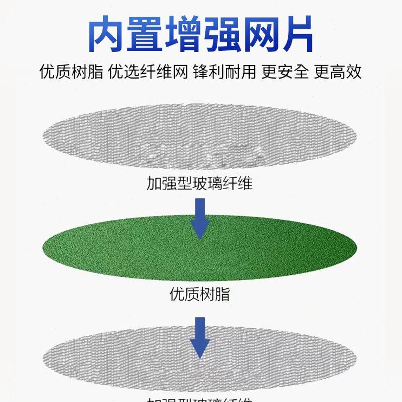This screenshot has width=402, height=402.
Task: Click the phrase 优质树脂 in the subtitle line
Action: (x=71, y=72)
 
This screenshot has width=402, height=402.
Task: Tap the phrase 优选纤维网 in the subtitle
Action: (x=148, y=72)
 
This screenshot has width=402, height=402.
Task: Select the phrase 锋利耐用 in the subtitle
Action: (x=224, y=72)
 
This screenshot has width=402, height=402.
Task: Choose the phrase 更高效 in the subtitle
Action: (x=338, y=72)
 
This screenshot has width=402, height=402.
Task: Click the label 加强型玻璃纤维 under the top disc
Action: (x=199, y=183)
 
